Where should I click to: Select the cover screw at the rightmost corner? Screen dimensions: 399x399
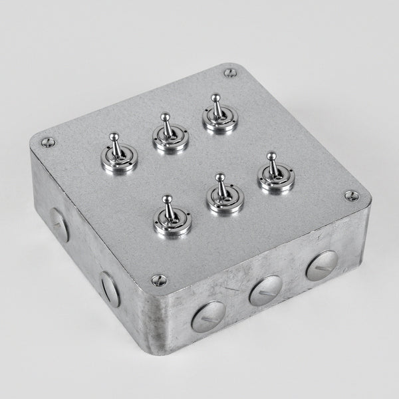point(351,196)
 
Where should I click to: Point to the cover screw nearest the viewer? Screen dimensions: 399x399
point(158,281)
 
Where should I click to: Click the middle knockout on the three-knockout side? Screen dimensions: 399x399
point(265,291)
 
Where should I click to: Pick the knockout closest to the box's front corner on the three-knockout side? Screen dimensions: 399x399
point(208,316)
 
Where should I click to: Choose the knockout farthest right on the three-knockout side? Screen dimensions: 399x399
point(323,265)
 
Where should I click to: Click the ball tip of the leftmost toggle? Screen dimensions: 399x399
point(114,137)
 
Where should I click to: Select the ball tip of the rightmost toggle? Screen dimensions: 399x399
point(271,157)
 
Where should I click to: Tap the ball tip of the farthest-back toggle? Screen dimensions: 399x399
point(215,98)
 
